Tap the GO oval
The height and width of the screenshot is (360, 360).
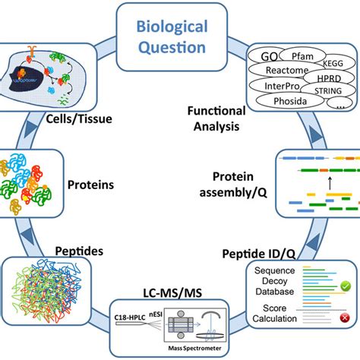(x=269, y=58)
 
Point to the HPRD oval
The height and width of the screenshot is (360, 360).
(x=330, y=79)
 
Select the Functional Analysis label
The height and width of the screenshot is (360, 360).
(x=216, y=118)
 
